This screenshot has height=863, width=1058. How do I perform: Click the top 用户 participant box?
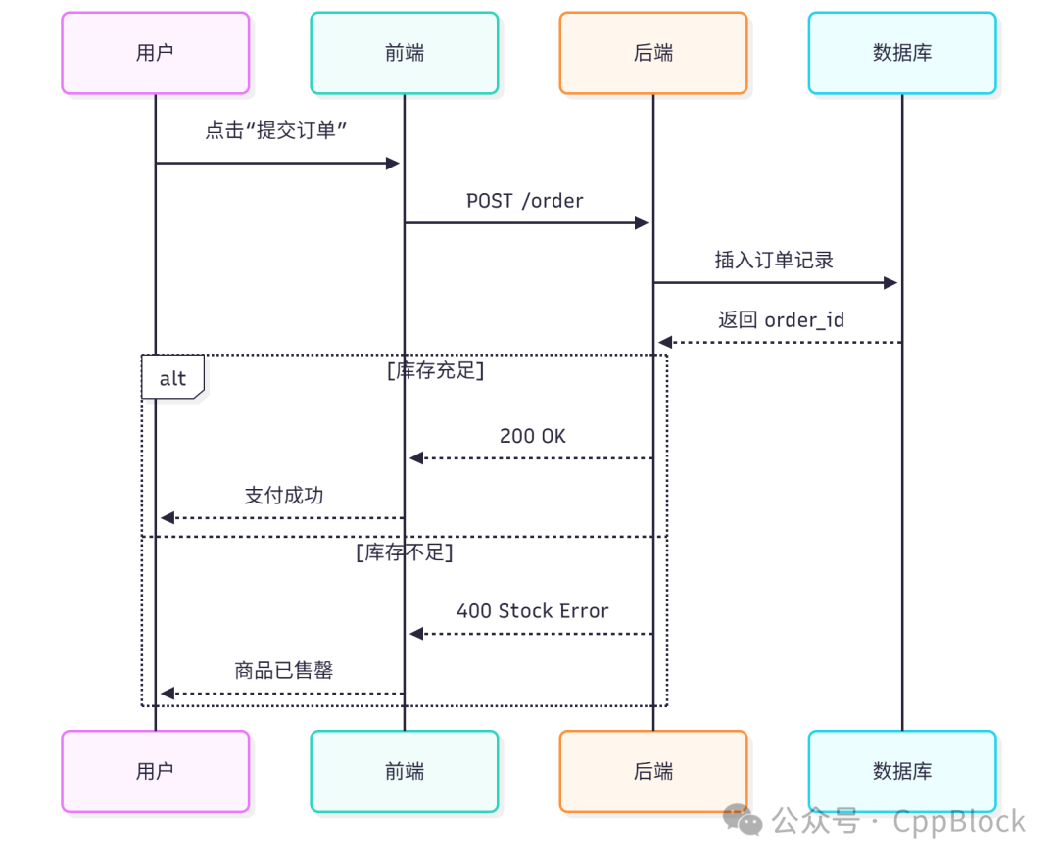(x=155, y=53)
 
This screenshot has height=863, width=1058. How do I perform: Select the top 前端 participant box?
(x=404, y=53)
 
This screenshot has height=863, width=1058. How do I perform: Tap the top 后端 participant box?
(x=653, y=53)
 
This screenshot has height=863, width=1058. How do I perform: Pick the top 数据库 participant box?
(x=902, y=53)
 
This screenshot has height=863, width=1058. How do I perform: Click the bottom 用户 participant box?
(x=155, y=771)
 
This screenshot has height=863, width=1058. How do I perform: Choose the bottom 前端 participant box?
(x=404, y=771)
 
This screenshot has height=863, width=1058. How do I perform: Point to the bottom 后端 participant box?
(x=653, y=771)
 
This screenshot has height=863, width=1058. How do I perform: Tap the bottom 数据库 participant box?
(x=902, y=771)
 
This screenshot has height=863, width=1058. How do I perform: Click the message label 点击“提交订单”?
(x=277, y=131)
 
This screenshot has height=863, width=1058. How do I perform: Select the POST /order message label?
(x=525, y=201)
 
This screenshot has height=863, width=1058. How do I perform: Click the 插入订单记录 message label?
(x=774, y=261)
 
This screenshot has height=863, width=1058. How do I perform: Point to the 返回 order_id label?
(x=781, y=320)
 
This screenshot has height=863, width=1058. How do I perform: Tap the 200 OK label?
(x=532, y=436)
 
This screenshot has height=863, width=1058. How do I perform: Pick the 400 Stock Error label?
(x=532, y=611)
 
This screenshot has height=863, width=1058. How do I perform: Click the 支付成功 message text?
(x=283, y=496)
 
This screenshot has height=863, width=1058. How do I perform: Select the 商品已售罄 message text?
(x=283, y=671)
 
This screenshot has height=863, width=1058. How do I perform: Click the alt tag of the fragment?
(x=172, y=378)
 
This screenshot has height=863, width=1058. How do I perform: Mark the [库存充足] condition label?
(x=435, y=371)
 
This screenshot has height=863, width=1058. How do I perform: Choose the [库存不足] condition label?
(x=404, y=553)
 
